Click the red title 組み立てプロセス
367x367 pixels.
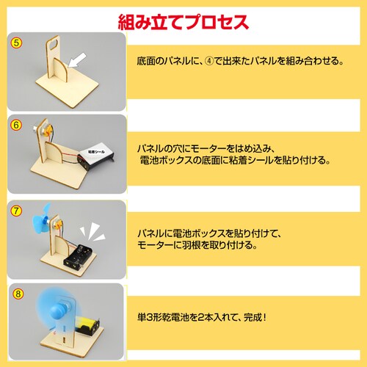183,18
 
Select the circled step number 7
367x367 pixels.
16,211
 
